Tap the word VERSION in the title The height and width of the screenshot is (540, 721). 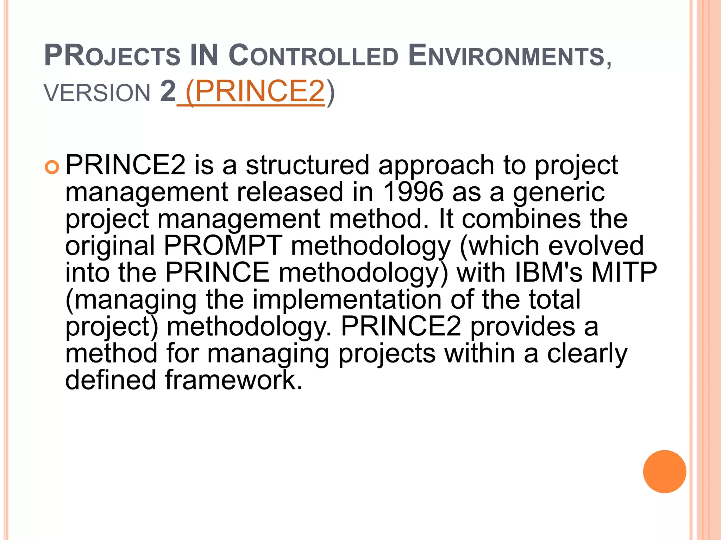pos(97,93)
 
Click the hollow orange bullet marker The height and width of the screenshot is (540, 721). pos(52,167)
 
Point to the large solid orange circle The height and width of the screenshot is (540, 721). pos(664,471)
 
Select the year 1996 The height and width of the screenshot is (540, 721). pos(413,192)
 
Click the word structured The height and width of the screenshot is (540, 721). pos(307,165)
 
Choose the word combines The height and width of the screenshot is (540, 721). pos(521,219)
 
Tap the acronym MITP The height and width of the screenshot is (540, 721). pos(624,272)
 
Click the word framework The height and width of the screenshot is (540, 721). pos(233,380)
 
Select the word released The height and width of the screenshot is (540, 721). pos(290,192)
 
